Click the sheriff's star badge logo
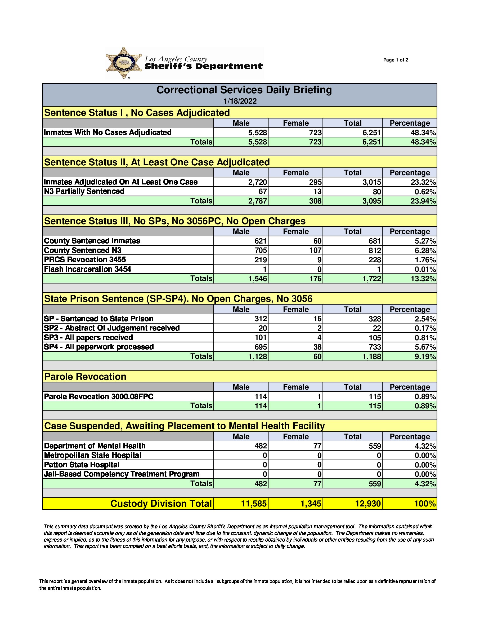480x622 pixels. click(124, 63)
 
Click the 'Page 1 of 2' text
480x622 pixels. click(396, 60)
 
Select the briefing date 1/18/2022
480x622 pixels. click(240, 101)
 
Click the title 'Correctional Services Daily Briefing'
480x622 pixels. click(244, 90)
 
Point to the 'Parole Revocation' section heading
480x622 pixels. click(85, 377)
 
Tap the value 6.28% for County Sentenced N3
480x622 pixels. click(425, 251)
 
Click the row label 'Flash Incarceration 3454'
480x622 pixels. click(87, 269)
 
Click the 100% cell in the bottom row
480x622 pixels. click(425, 504)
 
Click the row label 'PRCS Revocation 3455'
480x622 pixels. click(85, 260)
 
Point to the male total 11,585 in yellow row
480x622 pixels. click(254, 504)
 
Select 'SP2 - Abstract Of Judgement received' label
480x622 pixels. click(111, 328)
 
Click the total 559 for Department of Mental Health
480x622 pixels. click(375, 446)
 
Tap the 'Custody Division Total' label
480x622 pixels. click(161, 504)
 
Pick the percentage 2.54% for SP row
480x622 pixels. click(425, 319)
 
